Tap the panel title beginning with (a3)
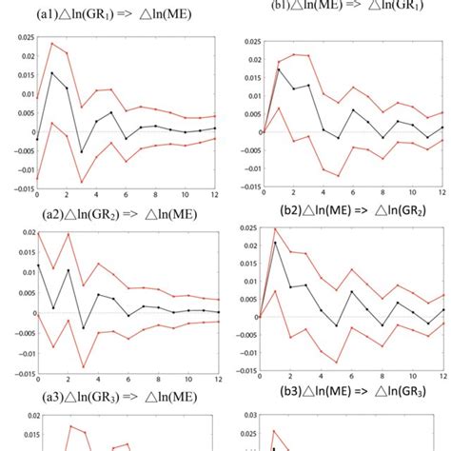[112, 397]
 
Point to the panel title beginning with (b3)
[340, 396]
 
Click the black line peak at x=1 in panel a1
[52, 72]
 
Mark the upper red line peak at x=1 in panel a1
[52, 43]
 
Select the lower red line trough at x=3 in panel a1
[82, 183]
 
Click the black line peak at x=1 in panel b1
[278, 69]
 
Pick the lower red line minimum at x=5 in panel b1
[337, 177]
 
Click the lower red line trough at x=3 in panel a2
[82, 367]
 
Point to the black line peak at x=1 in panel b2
[276, 243]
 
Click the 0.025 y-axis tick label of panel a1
[21, 39]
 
